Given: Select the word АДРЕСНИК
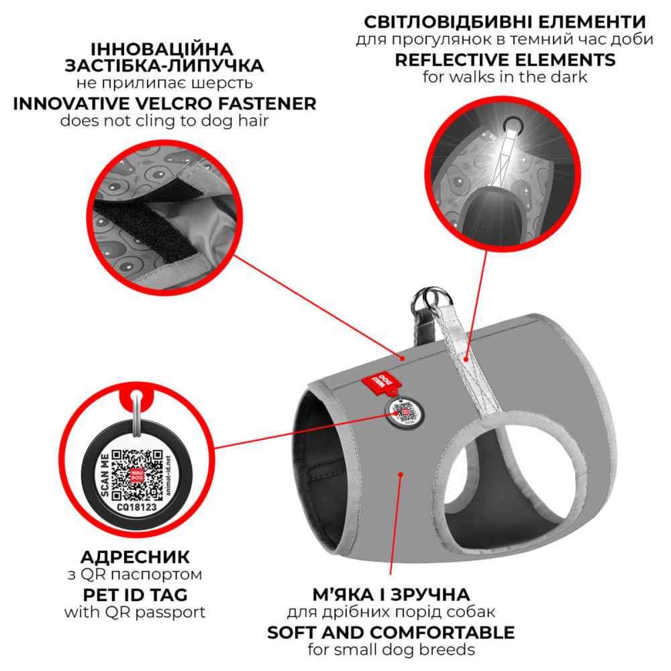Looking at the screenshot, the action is pyautogui.click(x=135, y=557).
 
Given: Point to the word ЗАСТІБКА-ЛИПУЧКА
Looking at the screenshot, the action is pyautogui.click(x=164, y=66).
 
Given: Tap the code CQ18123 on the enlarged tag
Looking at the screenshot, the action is pyautogui.click(x=137, y=507).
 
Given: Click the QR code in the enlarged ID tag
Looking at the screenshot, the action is pyautogui.click(x=137, y=475).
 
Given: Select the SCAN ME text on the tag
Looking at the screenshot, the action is pyautogui.click(x=104, y=476).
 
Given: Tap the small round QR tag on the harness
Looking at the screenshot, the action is pyautogui.click(x=405, y=413).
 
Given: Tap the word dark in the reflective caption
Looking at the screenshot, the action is pyautogui.click(x=569, y=77).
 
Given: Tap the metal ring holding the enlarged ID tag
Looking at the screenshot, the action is pyautogui.click(x=136, y=413).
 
